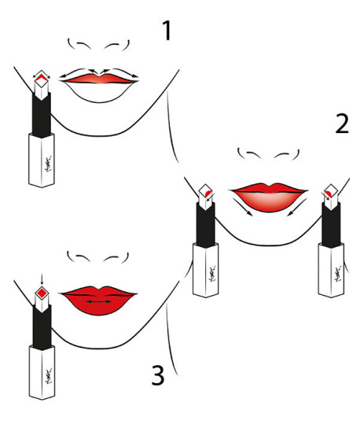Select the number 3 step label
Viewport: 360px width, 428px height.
point(158,375)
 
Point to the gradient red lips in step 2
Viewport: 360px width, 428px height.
point(268,194)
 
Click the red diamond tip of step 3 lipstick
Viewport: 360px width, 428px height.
point(41,294)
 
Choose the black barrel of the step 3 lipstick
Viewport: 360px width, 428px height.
point(41,327)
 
